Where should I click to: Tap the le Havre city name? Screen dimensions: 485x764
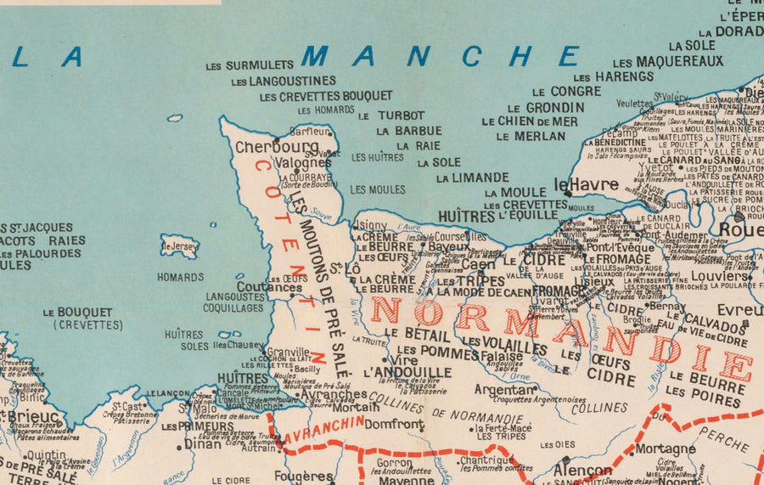click(x=587, y=184)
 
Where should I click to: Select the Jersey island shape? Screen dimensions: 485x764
click(x=179, y=246)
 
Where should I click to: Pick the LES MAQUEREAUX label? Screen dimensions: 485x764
click(x=668, y=61)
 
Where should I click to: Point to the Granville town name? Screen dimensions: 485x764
click(x=288, y=352)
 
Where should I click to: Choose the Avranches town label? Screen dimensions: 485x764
click(x=334, y=394)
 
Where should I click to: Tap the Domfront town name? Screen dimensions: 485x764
click(x=394, y=424)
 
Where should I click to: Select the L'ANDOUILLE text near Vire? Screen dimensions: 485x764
click(x=407, y=372)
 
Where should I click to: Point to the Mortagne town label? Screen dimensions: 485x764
click(x=665, y=448)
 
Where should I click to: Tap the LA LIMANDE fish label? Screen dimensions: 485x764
click(x=473, y=178)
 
